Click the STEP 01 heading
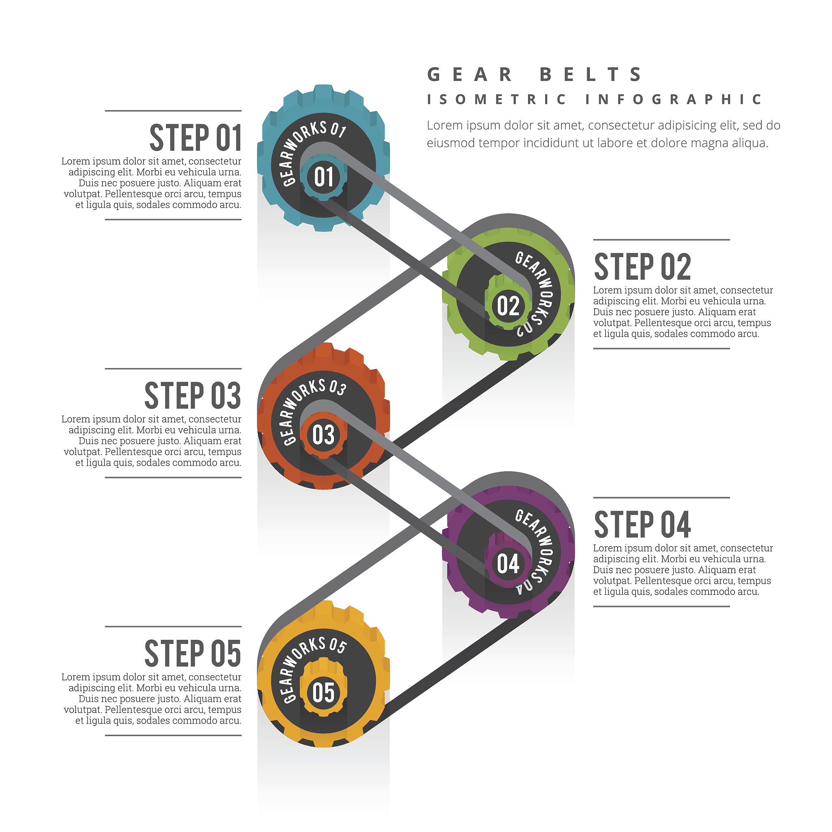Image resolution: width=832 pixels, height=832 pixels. pos(195,138)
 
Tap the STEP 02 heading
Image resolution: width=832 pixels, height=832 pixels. pos(643,267)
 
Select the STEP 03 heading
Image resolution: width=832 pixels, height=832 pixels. pos(193,396)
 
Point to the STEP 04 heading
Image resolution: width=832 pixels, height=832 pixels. pos(643,524)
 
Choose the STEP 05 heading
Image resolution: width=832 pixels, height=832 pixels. pos(193,654)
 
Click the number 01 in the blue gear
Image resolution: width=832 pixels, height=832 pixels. pos(324,177)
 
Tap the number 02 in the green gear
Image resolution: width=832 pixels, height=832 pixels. pos(508,306)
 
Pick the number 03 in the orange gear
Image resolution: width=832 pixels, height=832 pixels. pos(323,435)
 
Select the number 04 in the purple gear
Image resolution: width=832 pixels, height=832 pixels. pos(508,564)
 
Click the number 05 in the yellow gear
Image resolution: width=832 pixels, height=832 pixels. pos(323,693)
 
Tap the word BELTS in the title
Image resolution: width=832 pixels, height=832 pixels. pos(591,74)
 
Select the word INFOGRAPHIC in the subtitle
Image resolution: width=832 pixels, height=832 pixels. pos(674,100)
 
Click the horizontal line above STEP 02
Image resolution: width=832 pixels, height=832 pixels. pos(661,239)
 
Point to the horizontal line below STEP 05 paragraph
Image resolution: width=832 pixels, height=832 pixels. pos(173,735)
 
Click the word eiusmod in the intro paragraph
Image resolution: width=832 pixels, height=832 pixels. pos(451,143)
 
